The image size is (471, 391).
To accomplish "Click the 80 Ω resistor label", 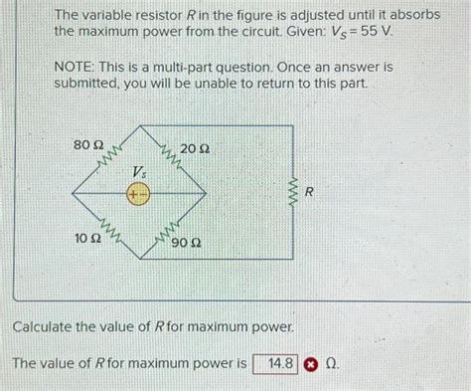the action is click(x=90, y=146).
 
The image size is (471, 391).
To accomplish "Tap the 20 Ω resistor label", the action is click(x=195, y=148).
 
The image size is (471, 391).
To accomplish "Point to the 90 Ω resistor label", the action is click(x=187, y=242).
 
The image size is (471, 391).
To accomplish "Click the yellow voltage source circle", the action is click(x=137, y=196).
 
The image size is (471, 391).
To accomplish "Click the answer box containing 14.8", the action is click(x=275, y=364).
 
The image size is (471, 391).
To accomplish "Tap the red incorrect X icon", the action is click(x=310, y=364).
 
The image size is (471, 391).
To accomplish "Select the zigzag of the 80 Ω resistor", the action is click(x=110, y=158).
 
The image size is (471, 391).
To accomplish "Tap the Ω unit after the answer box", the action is click(x=330, y=364).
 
